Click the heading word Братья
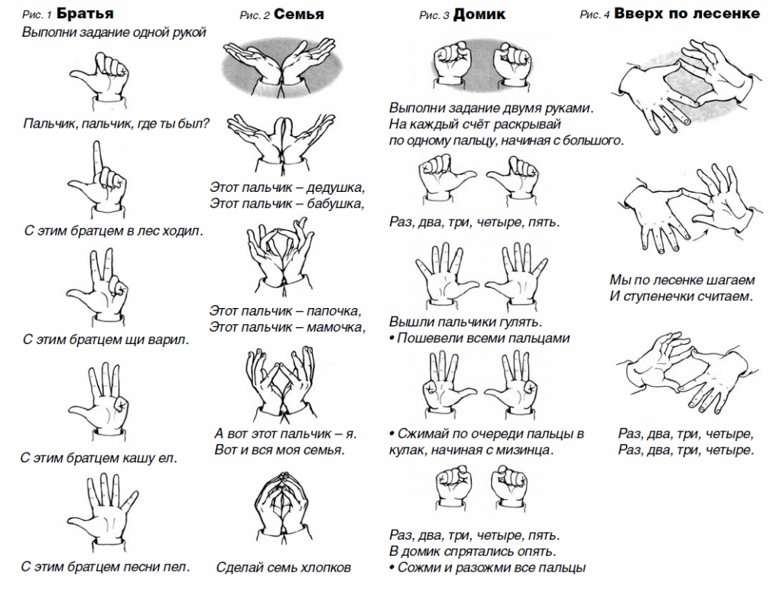point(85,13)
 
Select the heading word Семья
point(299,14)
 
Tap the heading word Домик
point(479,15)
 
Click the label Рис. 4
point(594,15)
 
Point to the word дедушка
point(336,188)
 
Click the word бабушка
point(336,203)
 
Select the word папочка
point(333,311)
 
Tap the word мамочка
point(336,327)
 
